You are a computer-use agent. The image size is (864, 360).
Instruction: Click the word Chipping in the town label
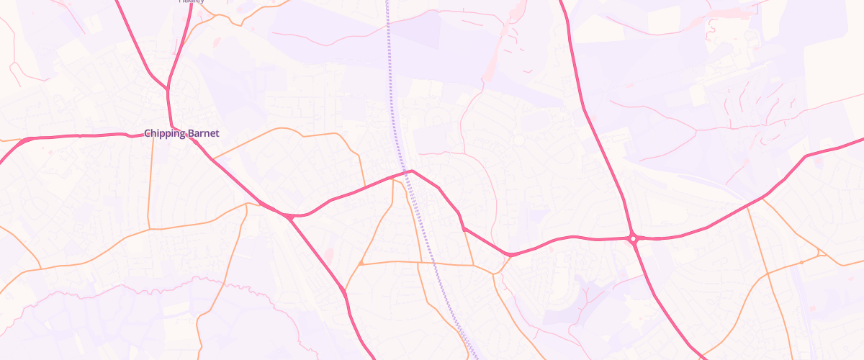[x=163, y=134]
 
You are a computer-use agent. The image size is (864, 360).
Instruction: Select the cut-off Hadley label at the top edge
[x=192, y=1]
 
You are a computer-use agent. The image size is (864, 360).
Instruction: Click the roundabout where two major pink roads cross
[x=633, y=238]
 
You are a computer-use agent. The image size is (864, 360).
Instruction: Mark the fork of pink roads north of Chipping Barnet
[x=168, y=89]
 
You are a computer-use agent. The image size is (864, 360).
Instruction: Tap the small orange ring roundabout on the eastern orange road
[x=801, y=263]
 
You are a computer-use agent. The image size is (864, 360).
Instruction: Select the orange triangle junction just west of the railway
[x=361, y=264]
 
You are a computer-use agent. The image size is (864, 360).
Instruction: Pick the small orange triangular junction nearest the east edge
[x=820, y=253]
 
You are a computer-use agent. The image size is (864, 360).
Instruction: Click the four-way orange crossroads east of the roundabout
[x=768, y=274]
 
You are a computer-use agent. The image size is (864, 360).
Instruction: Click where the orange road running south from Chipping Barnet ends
[x=148, y=229]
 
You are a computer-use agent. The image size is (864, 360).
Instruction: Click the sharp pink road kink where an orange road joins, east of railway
[x=462, y=227]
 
